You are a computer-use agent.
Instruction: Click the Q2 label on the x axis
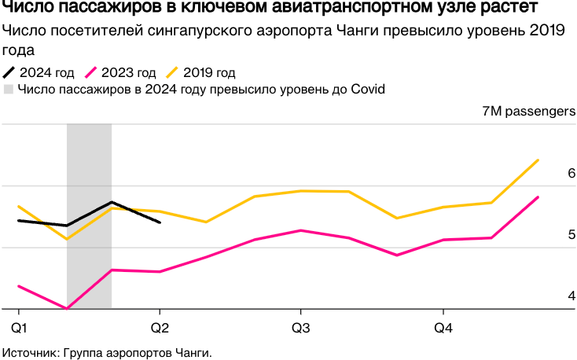[x=160, y=326]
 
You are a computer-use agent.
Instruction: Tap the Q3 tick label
[x=300, y=326]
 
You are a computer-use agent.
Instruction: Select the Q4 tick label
[x=443, y=326]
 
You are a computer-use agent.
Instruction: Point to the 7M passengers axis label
[x=529, y=112]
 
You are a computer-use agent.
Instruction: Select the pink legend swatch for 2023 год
[x=95, y=73]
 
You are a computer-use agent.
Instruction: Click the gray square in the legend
[x=9, y=89]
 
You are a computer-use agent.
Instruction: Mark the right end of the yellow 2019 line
[x=538, y=160]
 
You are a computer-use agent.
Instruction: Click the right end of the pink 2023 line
[x=538, y=197]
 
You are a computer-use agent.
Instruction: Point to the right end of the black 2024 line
[x=160, y=222]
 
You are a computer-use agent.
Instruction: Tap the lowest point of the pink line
[x=67, y=308]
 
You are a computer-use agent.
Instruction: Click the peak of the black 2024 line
[x=112, y=202]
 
